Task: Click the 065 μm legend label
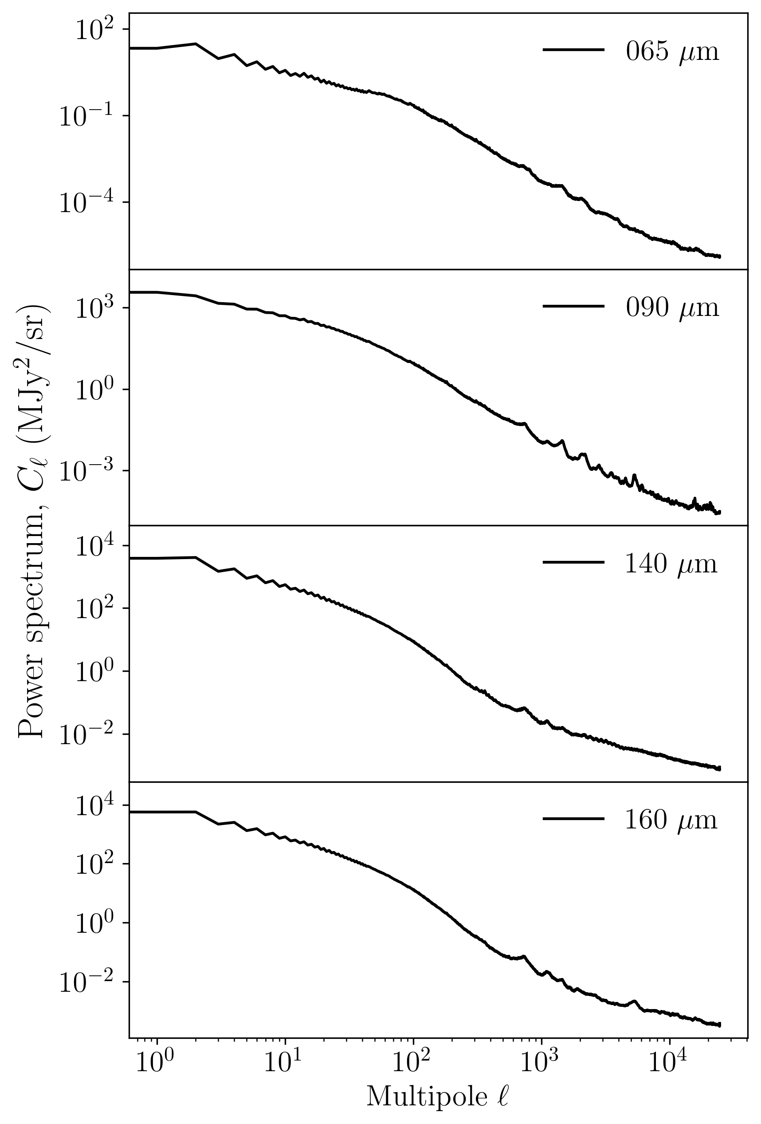pyautogui.click(x=672, y=51)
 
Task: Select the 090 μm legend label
pyautogui.click(x=672, y=307)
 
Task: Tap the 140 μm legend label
pyautogui.click(x=671, y=564)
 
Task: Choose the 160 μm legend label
pyautogui.click(x=671, y=820)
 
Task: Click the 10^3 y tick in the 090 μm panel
pyautogui.click(x=95, y=308)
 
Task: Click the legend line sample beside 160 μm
pyautogui.click(x=573, y=819)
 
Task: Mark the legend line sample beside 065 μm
pyautogui.click(x=573, y=50)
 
